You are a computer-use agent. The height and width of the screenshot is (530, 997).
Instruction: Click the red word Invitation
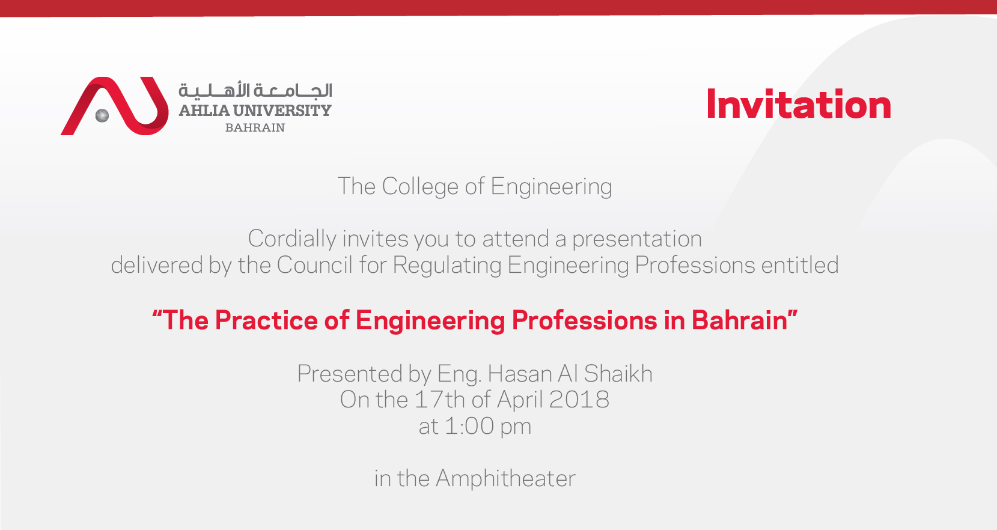click(799, 104)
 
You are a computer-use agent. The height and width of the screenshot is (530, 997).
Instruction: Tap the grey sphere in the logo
click(102, 116)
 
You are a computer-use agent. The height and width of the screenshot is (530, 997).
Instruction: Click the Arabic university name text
click(255, 90)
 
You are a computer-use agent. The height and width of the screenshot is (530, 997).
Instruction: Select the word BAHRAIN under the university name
click(255, 128)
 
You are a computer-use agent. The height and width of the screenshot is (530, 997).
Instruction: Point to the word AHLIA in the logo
click(204, 111)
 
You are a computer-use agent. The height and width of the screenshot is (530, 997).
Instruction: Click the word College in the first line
click(420, 186)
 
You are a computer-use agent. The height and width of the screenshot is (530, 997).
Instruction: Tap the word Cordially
click(292, 239)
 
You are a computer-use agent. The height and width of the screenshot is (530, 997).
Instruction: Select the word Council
click(315, 265)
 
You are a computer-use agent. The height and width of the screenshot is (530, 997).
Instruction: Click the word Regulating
click(447, 266)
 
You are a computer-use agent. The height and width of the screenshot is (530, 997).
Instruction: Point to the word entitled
click(800, 265)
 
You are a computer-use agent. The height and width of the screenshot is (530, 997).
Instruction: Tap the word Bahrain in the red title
click(739, 320)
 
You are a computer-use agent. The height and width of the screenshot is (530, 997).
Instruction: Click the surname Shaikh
click(618, 373)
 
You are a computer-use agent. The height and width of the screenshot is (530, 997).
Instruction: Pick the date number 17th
click(440, 400)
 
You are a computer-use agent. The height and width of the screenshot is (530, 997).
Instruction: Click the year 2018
click(579, 400)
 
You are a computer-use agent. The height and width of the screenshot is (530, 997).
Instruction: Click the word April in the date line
click(520, 400)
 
